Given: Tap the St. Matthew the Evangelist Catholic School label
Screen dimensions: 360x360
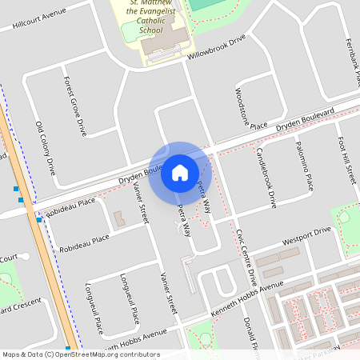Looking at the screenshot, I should (150, 17).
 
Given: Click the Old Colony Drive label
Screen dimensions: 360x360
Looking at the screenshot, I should (46, 149).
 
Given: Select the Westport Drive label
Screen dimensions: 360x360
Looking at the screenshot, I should (306, 234).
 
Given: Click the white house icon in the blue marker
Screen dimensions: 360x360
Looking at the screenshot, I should (180, 172).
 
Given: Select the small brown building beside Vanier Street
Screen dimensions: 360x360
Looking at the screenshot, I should (119, 218).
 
